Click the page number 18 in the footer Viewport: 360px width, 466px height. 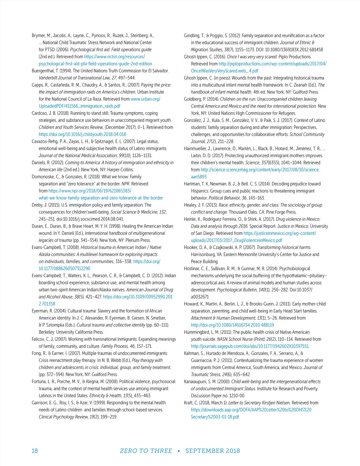point(35,451)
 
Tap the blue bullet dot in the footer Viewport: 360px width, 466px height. point(179,451)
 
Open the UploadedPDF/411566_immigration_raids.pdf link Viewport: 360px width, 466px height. point(79,106)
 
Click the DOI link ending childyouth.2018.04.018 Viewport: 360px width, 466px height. point(82,134)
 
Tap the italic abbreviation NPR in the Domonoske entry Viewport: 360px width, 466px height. point(125,184)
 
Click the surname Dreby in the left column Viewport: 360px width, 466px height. point(38,205)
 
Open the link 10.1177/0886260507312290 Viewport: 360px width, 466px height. point(64,269)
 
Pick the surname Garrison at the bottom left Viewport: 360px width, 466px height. point(40,403)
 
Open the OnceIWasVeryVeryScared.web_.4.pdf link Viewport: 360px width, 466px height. point(224,71)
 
